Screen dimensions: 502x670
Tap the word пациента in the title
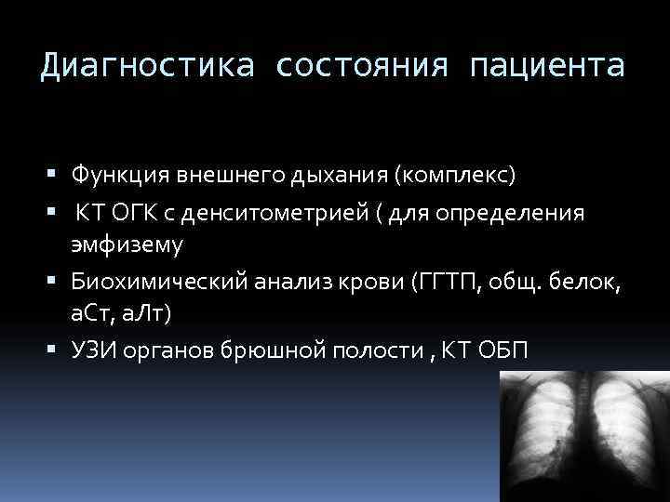(549, 67)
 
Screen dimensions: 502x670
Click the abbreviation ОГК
(146, 215)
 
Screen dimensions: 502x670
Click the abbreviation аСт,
(92, 315)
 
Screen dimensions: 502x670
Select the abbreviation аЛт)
(147, 315)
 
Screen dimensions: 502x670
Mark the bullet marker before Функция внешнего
(57, 174)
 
